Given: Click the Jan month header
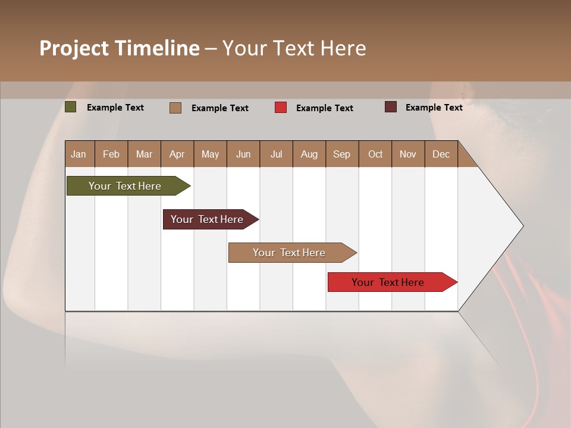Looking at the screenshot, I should coord(79,155).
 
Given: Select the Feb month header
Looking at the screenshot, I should coord(111,155).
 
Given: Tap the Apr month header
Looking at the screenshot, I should coord(177,155).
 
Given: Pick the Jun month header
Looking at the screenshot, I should coord(243,155).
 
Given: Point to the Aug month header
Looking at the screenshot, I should coord(309,155).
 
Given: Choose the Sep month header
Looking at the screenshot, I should coord(341,155).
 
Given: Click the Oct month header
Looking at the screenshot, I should coord(375,155).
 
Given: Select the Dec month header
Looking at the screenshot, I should coord(441,155).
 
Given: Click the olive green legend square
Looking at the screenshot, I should coord(71,107).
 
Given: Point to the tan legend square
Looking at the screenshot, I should coord(175,108).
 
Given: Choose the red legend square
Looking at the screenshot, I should coord(281,108).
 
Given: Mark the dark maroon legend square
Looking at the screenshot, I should coord(391,107).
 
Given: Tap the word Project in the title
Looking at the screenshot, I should coord(74,48).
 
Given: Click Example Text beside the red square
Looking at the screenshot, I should coord(324,108).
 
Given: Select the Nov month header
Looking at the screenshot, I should coord(407,155).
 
